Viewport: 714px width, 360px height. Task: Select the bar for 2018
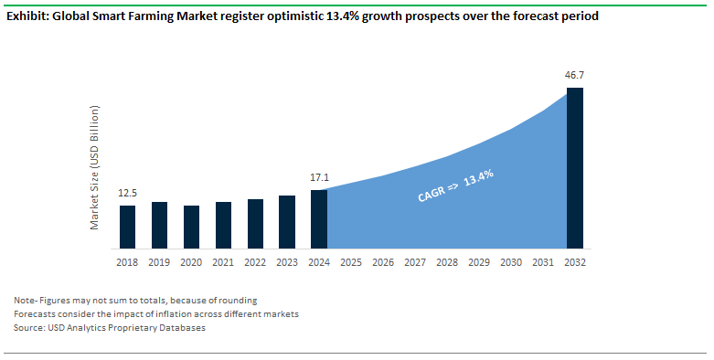point(127,227)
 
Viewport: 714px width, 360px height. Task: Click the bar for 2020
point(191,227)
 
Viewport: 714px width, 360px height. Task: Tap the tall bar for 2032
point(575,168)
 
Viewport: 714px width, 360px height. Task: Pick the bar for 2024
point(319,219)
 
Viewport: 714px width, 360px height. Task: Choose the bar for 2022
point(255,224)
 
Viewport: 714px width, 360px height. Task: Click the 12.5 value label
point(127,193)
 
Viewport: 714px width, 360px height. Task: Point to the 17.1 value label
point(319,177)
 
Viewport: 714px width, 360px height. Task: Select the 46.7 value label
point(575,75)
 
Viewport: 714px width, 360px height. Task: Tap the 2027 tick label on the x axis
point(415,262)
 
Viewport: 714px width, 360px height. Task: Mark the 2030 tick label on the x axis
point(511,262)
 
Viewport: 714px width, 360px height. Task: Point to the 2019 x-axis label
point(159,262)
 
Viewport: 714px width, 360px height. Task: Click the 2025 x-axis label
point(351,262)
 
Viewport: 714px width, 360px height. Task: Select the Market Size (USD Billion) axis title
point(94,167)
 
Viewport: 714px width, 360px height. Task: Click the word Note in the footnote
point(26,300)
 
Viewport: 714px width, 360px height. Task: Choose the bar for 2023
point(287,222)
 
